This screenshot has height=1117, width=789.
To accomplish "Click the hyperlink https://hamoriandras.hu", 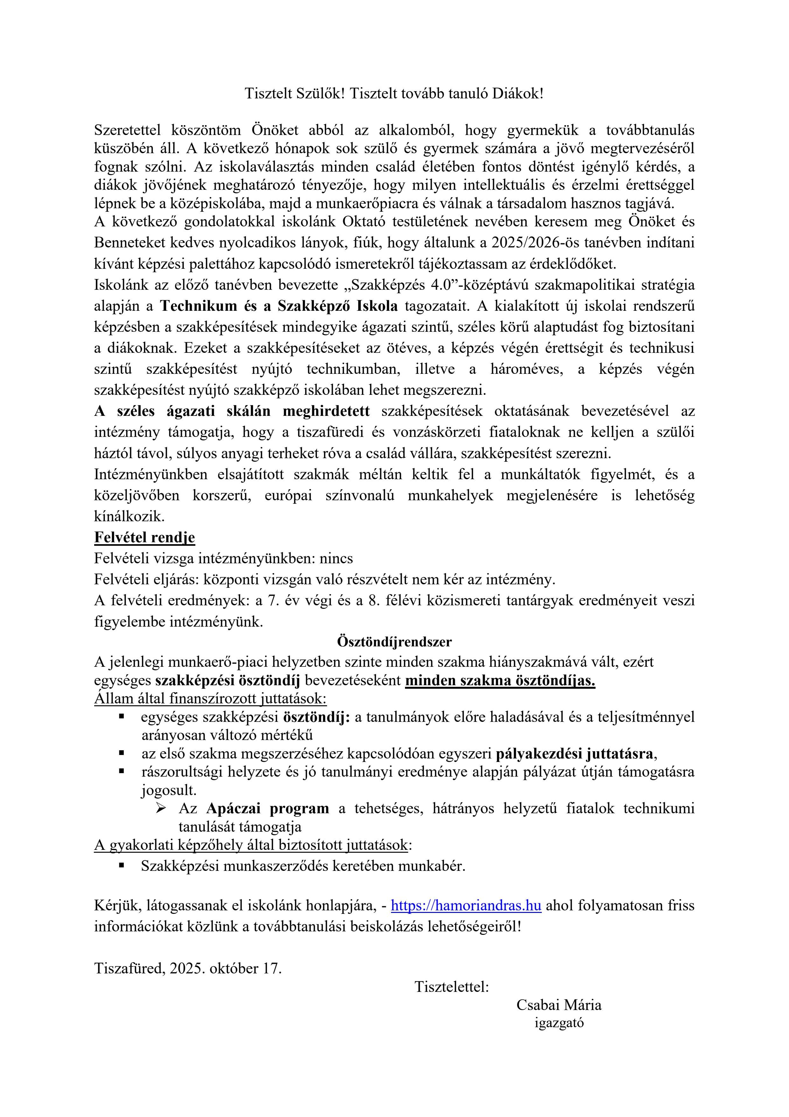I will pos(466,905).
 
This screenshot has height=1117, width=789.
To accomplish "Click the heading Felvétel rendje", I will pos(144,537).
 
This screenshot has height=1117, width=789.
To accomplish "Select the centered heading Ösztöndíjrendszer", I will pos(394,642).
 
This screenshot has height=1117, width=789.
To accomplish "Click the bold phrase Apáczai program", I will pos(267,808).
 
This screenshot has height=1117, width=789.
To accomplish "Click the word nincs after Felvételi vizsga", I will pos(336,558).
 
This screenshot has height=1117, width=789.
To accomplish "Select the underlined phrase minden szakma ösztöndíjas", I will pos(500,680).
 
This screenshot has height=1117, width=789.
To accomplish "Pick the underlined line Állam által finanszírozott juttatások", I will pos(210,699).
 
